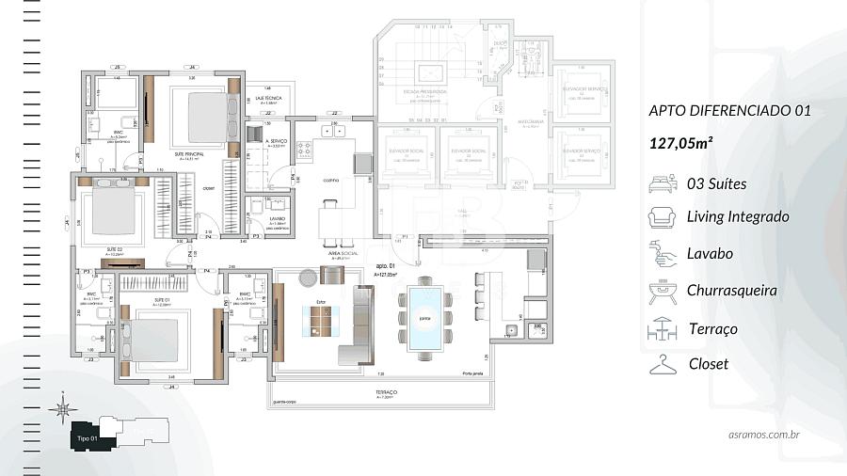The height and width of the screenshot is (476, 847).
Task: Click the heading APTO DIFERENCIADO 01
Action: tap(729, 110)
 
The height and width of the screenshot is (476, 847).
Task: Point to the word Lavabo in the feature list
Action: tap(711, 254)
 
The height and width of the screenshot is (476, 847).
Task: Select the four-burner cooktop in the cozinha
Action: tap(306, 148)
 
